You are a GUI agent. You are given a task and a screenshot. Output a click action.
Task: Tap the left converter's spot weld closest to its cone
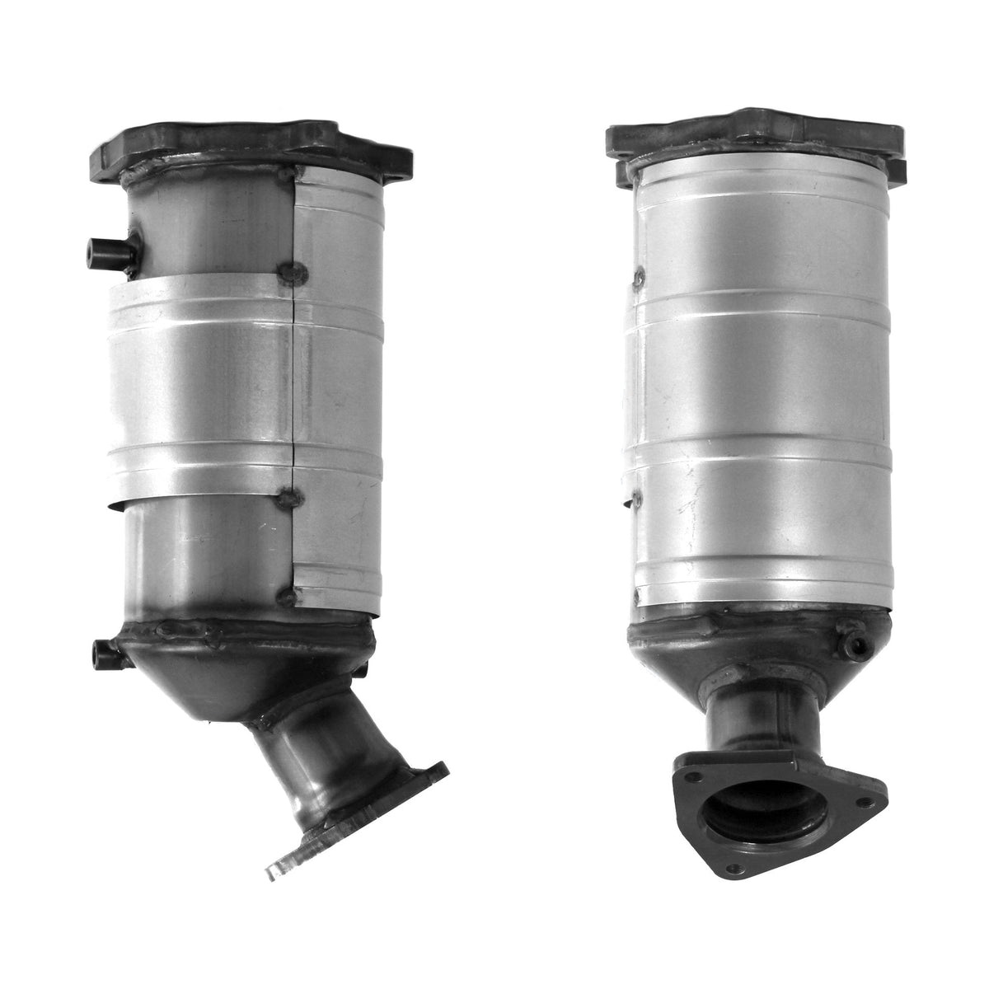coord(288,593)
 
